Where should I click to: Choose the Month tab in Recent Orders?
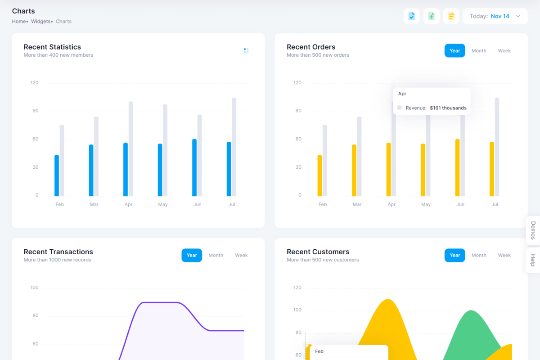point(479,51)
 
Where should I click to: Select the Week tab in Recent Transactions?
point(241,255)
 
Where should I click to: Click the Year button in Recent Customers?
point(454,255)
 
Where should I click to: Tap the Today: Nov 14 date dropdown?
point(495,16)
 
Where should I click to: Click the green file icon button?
point(431,16)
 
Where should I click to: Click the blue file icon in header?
point(411,16)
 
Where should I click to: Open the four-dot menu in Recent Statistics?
point(246,50)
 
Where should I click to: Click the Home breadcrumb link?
point(19,21)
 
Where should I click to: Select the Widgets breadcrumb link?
point(40,21)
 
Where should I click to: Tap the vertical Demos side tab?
point(533,230)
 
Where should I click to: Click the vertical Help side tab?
point(533,260)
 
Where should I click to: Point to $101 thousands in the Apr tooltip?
point(448,108)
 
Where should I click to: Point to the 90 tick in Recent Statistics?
point(35,111)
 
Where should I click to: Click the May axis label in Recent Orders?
point(426,204)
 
